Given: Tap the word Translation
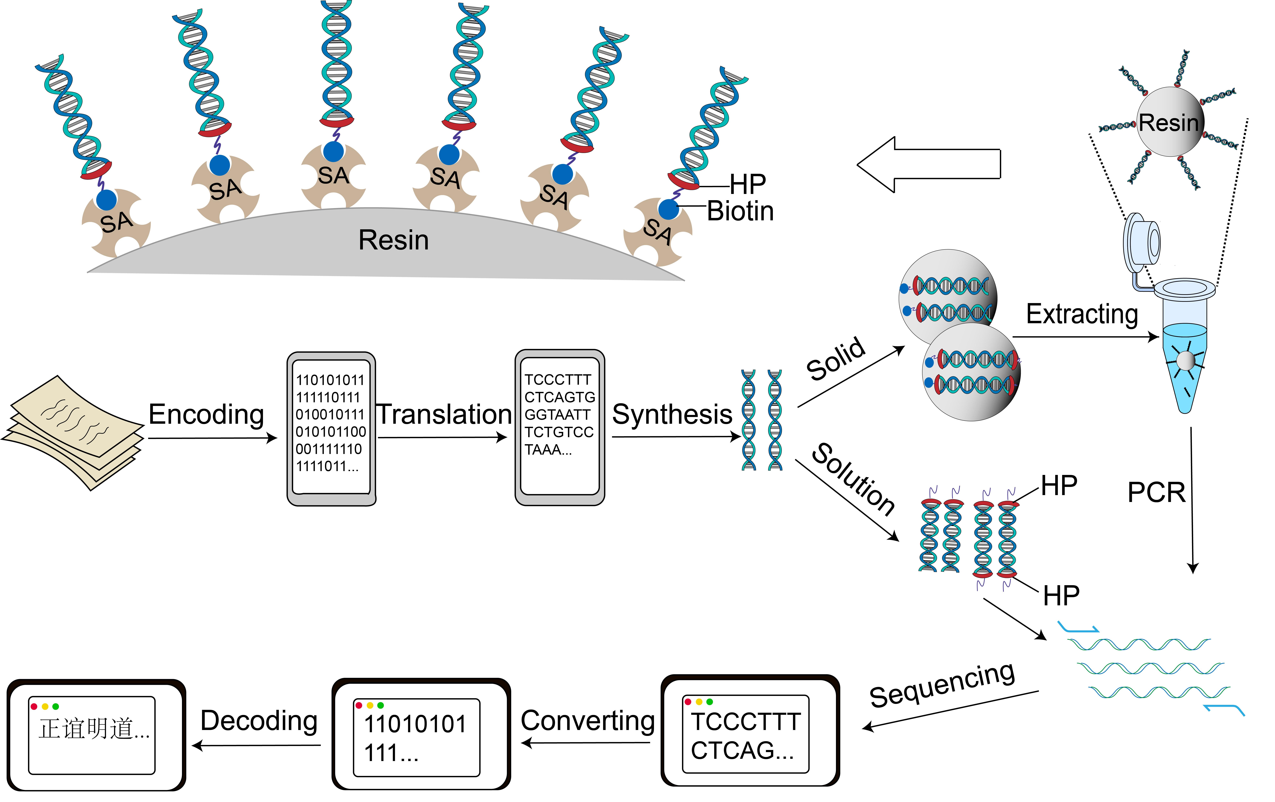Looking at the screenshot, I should (444, 414).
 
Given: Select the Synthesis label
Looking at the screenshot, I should (672, 414).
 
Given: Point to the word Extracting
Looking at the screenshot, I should (1082, 314).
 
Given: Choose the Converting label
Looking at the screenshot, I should (588, 721).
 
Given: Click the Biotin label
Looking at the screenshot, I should (740, 211).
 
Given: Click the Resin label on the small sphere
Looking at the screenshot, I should (1169, 123).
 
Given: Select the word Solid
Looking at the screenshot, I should (835, 359).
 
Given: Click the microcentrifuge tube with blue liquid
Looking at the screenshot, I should (1185, 349).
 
